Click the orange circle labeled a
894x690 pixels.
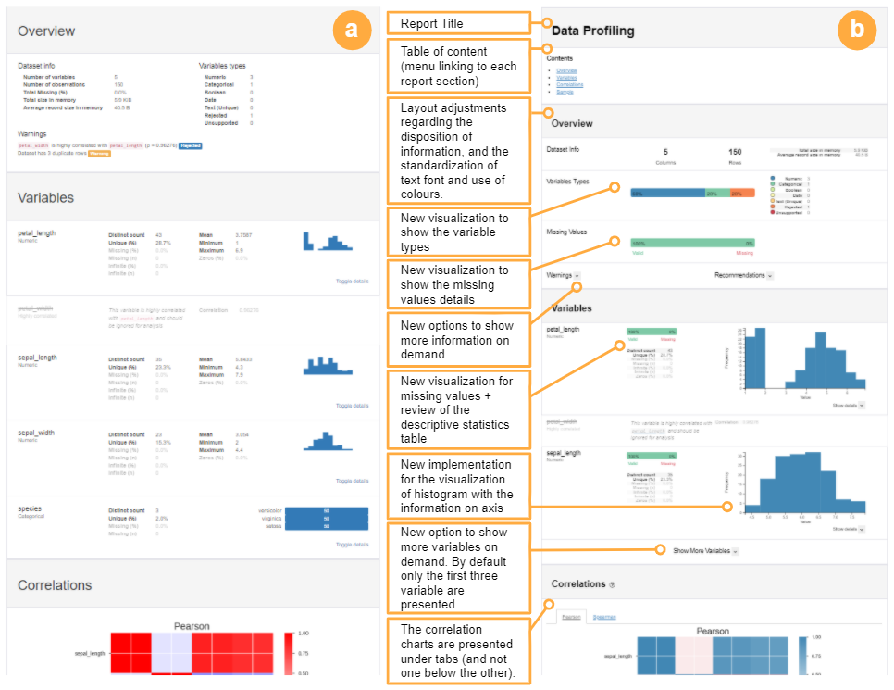pyautogui.click(x=350, y=31)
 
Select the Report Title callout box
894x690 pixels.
pyautogui.click(x=457, y=23)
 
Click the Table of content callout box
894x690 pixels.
pyautogui.click(x=457, y=66)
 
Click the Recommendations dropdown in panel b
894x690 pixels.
pyautogui.click(x=744, y=275)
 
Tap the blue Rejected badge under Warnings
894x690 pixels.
pyautogui.click(x=190, y=145)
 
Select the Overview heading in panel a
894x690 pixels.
pyautogui.click(x=46, y=31)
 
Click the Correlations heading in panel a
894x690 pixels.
pyautogui.click(x=56, y=584)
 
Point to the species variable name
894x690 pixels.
pyautogui.click(x=31, y=508)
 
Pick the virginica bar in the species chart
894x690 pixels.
pyautogui.click(x=326, y=520)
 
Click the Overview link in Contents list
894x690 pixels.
pyautogui.click(x=566, y=70)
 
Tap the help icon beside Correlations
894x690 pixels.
pyautogui.click(x=612, y=585)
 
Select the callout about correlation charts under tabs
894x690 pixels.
pyautogui.click(x=457, y=651)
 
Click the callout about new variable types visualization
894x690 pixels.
pyautogui.click(x=457, y=232)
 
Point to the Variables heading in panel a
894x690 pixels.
pyautogui.click(x=46, y=197)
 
